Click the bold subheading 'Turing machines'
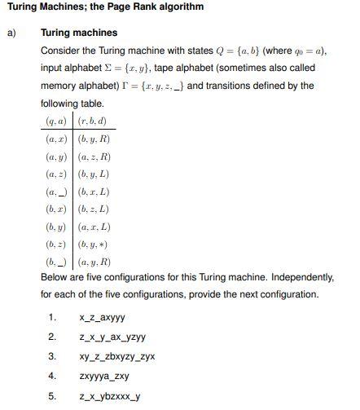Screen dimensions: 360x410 tap(79, 33)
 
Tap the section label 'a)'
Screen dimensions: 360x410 tap(11, 33)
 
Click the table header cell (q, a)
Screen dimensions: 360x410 tap(58, 121)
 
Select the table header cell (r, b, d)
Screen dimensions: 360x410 tap(94, 121)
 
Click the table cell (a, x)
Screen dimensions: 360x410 tap(58, 139)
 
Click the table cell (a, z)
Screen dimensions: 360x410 tap(58, 174)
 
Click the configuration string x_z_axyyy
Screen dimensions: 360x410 tap(102, 318)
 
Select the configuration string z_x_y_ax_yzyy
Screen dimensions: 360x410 tap(112, 337)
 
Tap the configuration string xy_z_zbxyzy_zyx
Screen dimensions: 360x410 tap(117, 356)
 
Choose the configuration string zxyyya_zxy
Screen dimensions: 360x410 tap(104, 376)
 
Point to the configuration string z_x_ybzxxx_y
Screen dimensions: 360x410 tap(110, 396)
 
